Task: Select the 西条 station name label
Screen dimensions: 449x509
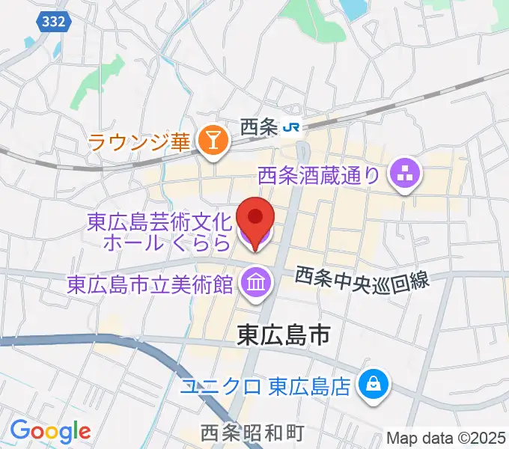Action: pyautogui.click(x=259, y=127)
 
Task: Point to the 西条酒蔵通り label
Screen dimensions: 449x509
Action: pyautogui.click(x=319, y=177)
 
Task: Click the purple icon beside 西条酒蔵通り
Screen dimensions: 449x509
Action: pyautogui.click(x=406, y=177)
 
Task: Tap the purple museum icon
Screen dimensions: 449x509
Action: pyautogui.click(x=256, y=283)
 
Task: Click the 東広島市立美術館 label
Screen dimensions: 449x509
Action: pyautogui.click(x=150, y=284)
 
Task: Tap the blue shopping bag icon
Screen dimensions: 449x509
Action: pyautogui.click(x=372, y=386)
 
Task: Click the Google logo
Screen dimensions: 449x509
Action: pyautogui.click(x=50, y=431)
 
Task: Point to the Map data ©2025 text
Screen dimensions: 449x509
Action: pyautogui.click(x=446, y=437)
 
